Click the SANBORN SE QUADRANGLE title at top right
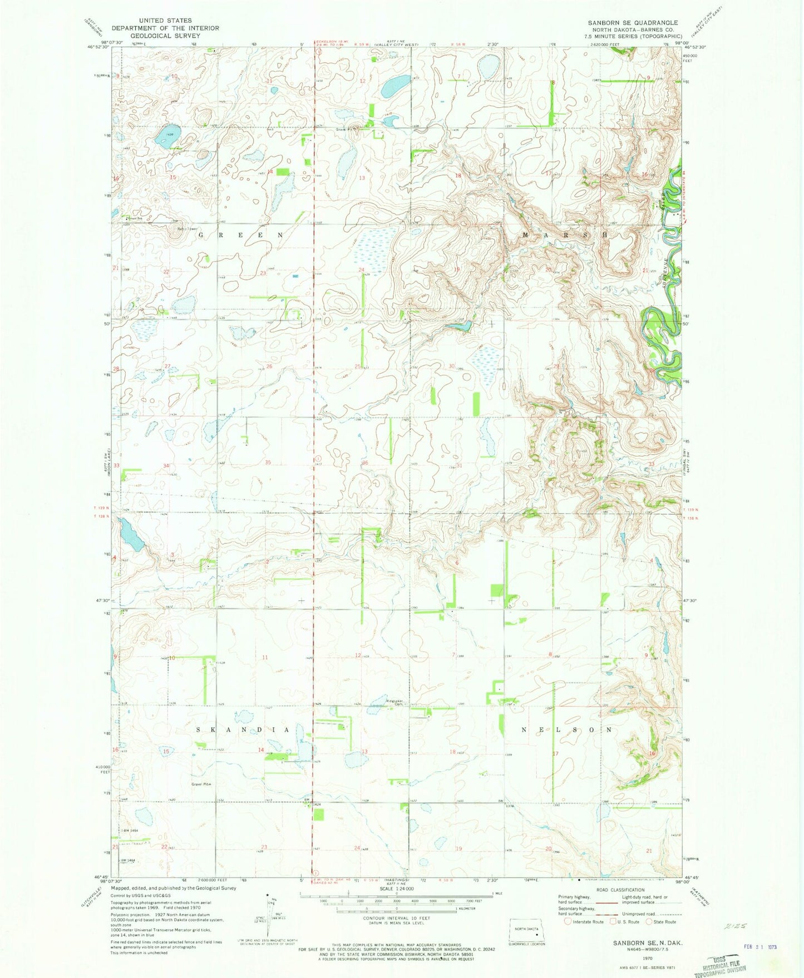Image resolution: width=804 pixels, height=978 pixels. click(x=633, y=23)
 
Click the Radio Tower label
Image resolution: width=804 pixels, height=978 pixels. click(x=172, y=229)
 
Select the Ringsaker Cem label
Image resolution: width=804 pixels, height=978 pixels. click(x=393, y=702)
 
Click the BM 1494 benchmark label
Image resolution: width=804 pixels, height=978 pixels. click(x=129, y=830)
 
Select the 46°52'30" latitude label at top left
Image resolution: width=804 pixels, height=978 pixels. click(x=98, y=47)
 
